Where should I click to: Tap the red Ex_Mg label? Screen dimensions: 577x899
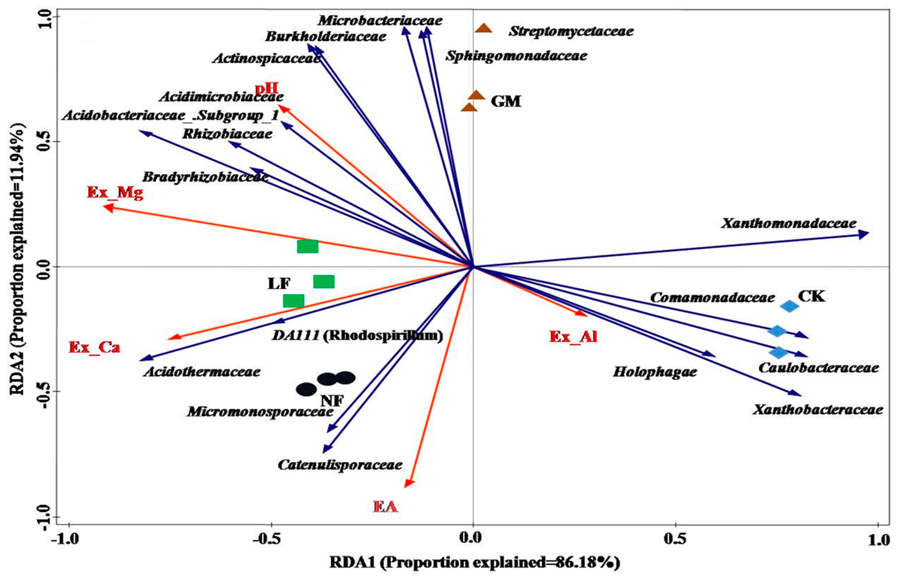click(115, 193)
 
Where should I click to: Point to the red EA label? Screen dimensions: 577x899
click(385, 507)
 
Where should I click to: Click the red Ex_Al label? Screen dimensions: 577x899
click(573, 337)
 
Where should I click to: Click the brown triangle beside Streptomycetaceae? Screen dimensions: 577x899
click(484, 29)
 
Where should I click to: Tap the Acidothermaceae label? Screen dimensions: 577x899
click(202, 372)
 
